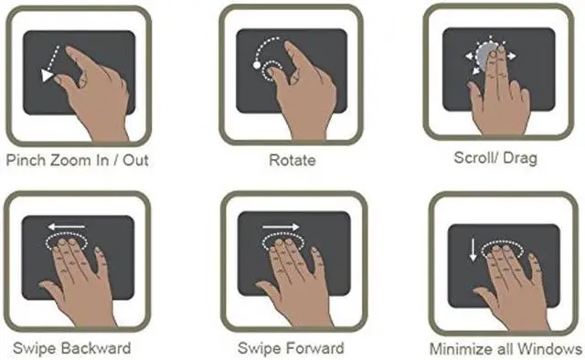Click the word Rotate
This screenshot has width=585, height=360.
(292, 161)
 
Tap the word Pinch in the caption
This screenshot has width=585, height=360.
(27, 160)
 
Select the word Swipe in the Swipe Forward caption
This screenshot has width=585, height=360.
(258, 348)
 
